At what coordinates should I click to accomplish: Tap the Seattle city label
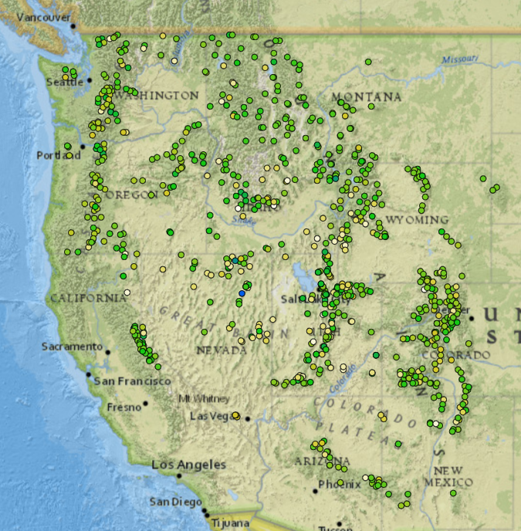[64, 83]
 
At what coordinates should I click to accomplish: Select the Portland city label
[58, 155]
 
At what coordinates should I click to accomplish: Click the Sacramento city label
[72, 347]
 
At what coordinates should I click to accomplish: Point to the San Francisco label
[132, 381]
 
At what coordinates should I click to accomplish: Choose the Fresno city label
[124, 407]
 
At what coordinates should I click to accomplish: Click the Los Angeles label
[188, 465]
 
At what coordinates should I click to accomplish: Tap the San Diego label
[175, 502]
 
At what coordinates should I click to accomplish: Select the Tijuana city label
[230, 523]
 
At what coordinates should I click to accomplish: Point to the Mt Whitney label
[204, 398]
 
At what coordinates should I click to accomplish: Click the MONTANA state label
[366, 96]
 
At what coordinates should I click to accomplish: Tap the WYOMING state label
[416, 220]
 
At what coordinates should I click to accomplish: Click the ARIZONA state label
[317, 461]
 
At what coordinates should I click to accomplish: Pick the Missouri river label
[460, 59]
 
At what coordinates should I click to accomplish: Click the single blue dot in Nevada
[242, 293]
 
